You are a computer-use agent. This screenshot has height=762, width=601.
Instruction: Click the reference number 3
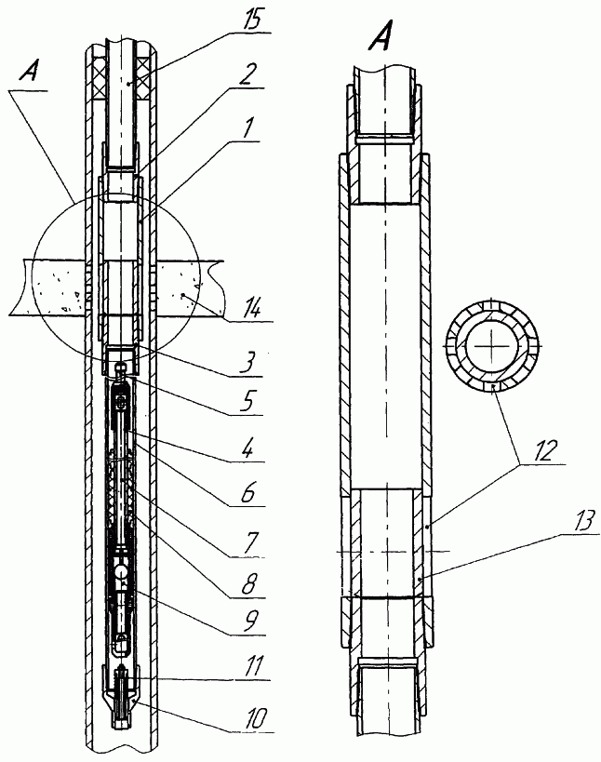tap(247, 363)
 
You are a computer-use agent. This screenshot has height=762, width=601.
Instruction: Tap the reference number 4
tap(247, 449)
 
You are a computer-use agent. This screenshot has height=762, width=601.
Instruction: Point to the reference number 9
tap(249, 622)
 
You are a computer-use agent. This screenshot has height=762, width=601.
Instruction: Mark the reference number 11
tap(255, 667)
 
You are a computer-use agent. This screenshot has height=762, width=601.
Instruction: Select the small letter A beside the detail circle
tap(29, 73)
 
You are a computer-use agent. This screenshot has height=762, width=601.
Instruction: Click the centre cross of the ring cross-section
tap(491, 344)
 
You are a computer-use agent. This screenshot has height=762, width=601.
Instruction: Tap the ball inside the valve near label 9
tap(120, 569)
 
